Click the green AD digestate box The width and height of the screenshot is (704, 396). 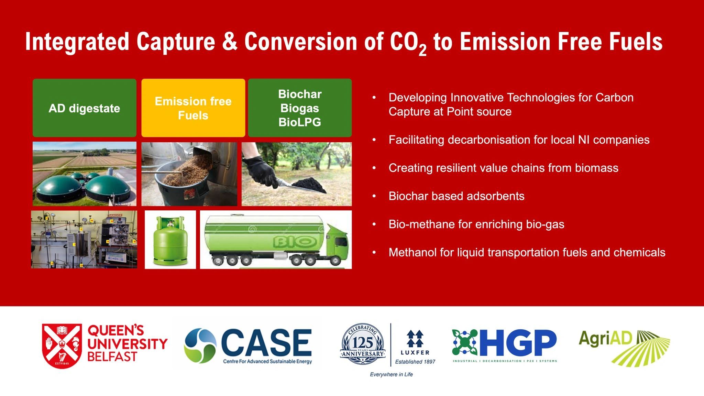pyautogui.click(x=84, y=108)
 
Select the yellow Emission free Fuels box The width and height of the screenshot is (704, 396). pyautogui.click(x=193, y=108)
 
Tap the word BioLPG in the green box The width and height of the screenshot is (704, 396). pyautogui.click(x=299, y=122)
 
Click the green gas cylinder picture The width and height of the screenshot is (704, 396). pyautogui.click(x=170, y=240)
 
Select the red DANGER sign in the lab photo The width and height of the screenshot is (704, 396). pyautogui.click(x=115, y=216)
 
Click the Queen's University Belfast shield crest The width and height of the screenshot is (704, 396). pyautogui.click(x=62, y=345)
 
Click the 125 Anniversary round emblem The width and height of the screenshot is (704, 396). pyautogui.click(x=363, y=344)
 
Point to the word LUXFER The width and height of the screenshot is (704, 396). pyautogui.click(x=415, y=352)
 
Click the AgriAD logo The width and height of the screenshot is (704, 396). pyautogui.click(x=624, y=347)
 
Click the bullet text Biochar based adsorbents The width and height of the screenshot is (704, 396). pyautogui.click(x=456, y=196)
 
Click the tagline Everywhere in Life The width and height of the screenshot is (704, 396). pyautogui.click(x=391, y=374)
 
